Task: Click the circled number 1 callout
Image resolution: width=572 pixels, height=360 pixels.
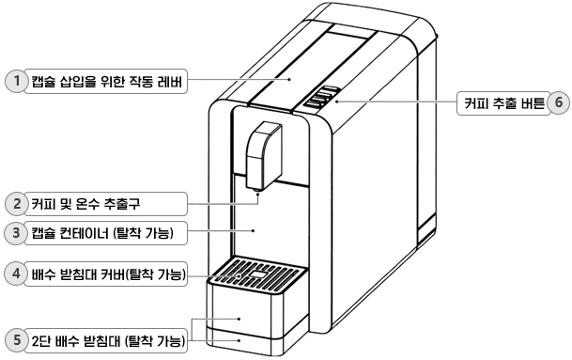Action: click(15, 82)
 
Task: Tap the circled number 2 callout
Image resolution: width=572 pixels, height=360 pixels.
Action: click(15, 202)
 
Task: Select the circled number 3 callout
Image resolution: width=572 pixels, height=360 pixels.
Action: click(15, 231)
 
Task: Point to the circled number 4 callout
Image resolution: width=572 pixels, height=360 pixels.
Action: click(15, 274)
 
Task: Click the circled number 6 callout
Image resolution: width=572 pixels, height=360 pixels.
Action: click(558, 102)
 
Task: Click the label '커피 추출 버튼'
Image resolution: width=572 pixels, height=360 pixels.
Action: click(502, 102)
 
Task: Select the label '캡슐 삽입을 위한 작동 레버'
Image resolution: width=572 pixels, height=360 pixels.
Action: click(106, 82)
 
